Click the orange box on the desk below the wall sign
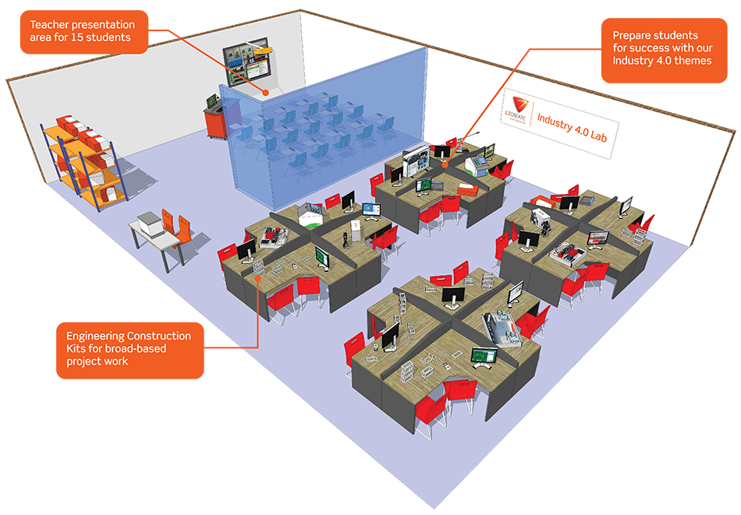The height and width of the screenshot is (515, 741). (x=466, y=188)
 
